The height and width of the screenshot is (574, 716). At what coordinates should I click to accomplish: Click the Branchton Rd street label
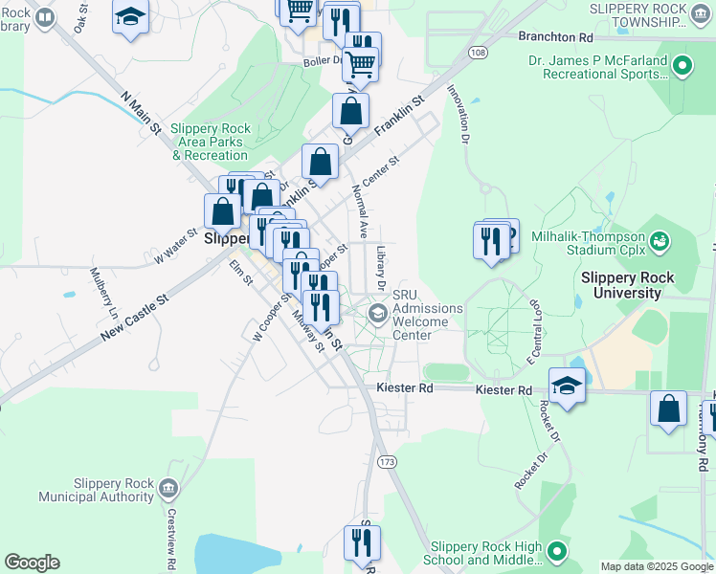(555, 36)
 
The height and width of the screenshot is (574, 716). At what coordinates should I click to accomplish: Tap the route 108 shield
(479, 52)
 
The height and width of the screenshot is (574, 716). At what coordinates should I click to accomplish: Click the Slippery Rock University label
(628, 285)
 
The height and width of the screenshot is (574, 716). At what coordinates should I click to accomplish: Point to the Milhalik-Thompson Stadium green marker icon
(659, 239)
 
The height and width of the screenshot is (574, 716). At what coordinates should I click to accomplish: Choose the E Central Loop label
(534, 330)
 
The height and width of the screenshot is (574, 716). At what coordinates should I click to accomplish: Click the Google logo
(32, 563)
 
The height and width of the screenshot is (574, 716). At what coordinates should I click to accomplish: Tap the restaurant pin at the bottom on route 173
(362, 542)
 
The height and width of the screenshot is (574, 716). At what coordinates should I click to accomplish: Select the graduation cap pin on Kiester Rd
(567, 386)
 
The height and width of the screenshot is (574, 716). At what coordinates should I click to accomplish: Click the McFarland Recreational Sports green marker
(682, 66)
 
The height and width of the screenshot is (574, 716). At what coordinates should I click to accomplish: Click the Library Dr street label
(380, 267)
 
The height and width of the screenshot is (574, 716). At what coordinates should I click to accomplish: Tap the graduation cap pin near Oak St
(130, 16)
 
